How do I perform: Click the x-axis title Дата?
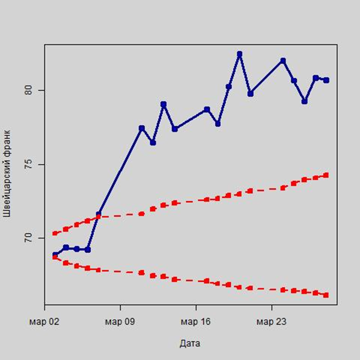point(190,343)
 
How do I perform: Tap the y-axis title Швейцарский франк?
point(7,173)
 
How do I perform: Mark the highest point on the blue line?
point(240,54)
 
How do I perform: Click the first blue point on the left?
point(55,255)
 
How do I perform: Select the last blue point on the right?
point(326,80)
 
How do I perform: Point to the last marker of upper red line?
point(326,175)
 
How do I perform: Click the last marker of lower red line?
point(326,295)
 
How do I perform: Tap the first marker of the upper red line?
point(55,233)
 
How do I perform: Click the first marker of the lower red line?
point(55,257)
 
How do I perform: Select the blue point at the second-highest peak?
point(283,60)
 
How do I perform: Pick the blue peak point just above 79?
point(163,104)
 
